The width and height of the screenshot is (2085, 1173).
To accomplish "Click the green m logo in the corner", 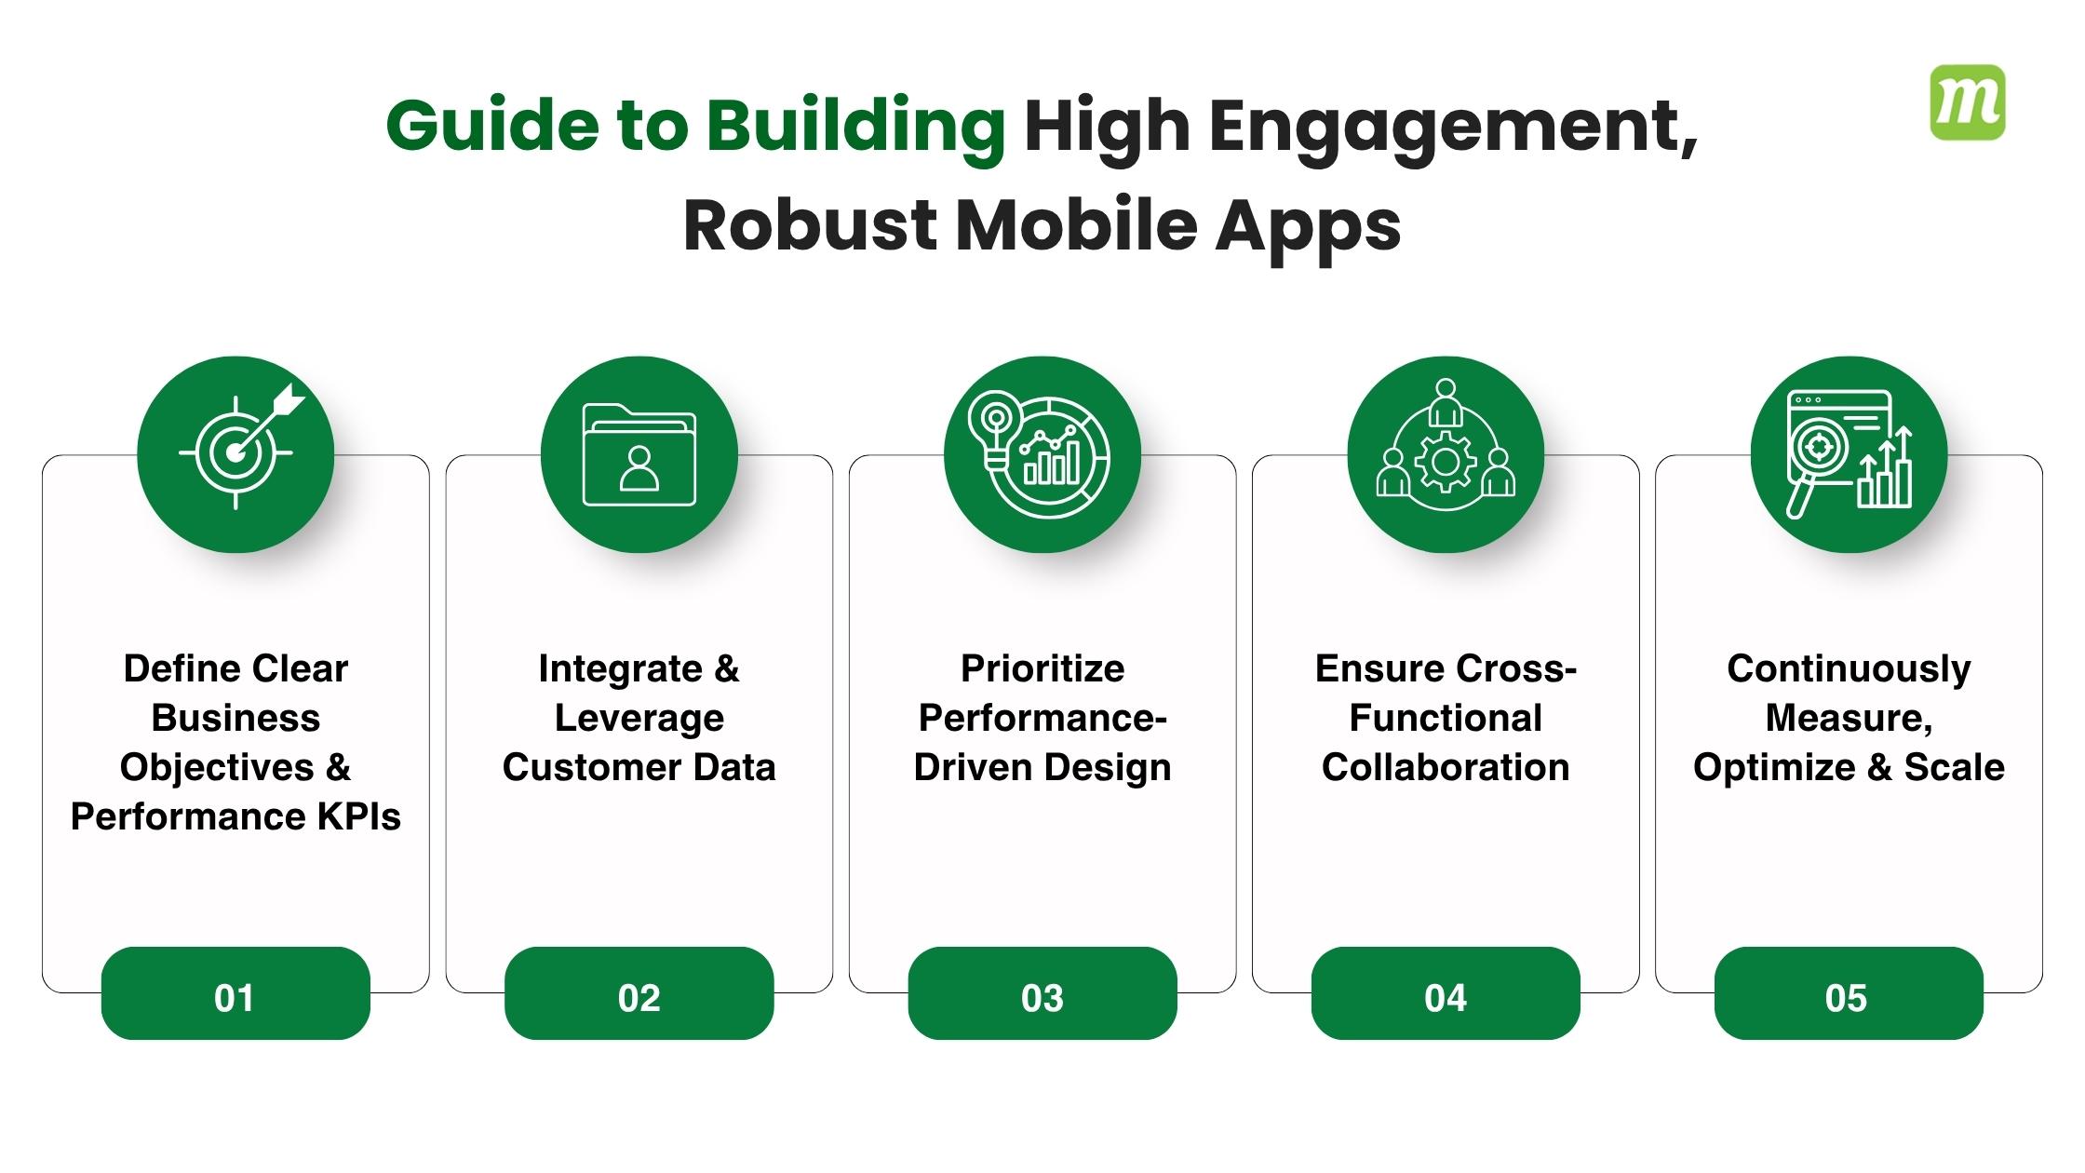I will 1968,102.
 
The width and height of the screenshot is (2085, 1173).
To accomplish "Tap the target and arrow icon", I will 235,454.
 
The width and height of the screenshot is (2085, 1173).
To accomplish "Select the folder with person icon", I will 639,454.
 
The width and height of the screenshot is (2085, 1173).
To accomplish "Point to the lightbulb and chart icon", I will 1042,454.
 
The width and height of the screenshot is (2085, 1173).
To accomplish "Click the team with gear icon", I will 1446,454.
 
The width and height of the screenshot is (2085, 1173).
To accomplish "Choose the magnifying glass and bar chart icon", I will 1849,454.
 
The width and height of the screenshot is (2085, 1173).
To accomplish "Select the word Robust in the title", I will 810,225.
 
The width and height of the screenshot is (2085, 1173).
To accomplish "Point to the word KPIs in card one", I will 359,816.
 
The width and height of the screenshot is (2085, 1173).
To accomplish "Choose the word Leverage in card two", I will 639,718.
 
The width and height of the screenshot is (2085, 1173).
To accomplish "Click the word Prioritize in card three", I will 1042,668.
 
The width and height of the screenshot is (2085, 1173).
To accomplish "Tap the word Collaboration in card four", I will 1446,767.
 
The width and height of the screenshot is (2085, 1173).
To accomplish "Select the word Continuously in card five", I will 1849,668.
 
